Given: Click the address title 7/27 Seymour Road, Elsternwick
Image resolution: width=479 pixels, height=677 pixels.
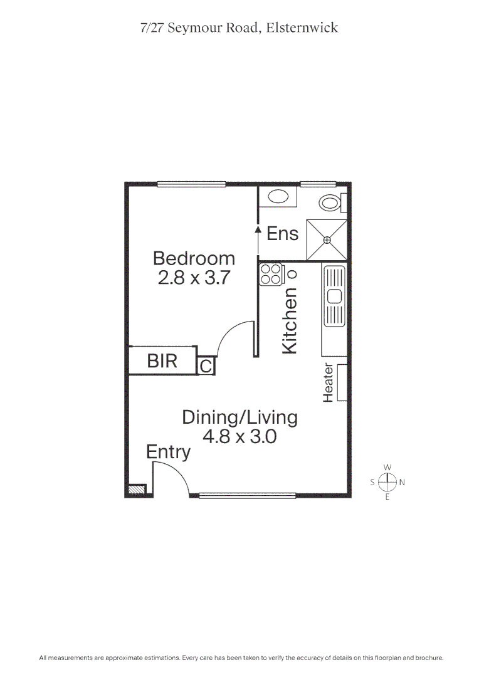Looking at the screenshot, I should (x=239, y=28).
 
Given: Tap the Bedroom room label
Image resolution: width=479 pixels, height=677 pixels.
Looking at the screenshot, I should (x=194, y=258).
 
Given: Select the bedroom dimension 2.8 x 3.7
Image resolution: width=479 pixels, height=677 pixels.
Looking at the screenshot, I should (x=194, y=278).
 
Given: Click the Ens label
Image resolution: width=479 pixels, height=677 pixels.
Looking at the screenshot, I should (x=282, y=234).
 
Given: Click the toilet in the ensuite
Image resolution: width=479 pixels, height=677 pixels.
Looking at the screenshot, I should (x=330, y=202).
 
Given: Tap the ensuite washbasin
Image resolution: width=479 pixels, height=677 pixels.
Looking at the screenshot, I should (x=276, y=197).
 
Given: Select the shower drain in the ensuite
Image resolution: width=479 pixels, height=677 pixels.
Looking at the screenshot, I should (x=327, y=239).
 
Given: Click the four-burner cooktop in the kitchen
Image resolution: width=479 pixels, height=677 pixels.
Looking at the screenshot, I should (x=271, y=275).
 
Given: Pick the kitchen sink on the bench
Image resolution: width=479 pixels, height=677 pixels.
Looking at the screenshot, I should (x=334, y=296).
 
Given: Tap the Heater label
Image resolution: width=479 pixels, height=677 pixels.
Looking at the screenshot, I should (x=328, y=382).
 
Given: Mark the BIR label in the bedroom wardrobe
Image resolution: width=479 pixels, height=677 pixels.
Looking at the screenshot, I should (x=162, y=361).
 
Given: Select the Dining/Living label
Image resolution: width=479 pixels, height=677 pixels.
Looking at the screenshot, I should (x=239, y=417).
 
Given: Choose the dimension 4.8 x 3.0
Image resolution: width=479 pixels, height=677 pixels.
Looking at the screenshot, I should (x=239, y=436).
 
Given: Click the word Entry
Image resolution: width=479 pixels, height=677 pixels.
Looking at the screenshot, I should (x=168, y=451).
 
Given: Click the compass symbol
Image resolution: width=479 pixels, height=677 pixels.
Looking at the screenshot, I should (x=387, y=482).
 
